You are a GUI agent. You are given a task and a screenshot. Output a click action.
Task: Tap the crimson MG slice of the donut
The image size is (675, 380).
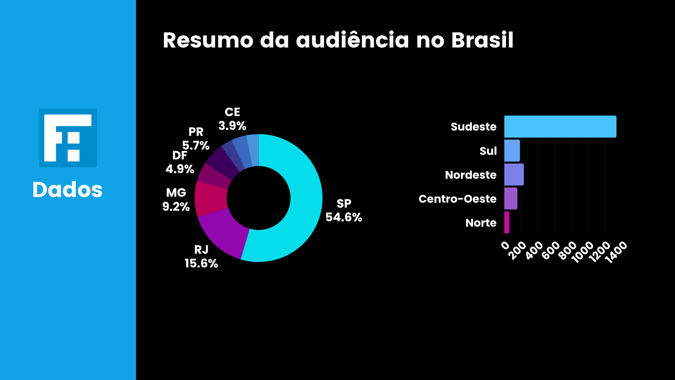tap(211, 199)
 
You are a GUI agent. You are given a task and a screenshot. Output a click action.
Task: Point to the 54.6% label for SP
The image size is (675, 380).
tap(344, 217)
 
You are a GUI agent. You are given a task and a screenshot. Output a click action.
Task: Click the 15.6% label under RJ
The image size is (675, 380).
tap(201, 263)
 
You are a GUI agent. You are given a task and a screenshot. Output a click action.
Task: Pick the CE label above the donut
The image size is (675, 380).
tap(232, 112)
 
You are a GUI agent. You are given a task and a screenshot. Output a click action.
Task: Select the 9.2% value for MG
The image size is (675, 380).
tap(176, 207)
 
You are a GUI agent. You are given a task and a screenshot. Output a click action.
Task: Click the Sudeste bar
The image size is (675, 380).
tap(560, 127)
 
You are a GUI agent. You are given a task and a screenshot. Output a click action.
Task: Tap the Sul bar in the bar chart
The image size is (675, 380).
tap(512, 151)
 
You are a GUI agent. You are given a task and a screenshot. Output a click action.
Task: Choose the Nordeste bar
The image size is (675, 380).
tap(514, 175)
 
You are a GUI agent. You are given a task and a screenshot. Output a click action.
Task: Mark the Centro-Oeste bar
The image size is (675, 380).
tap(510, 198)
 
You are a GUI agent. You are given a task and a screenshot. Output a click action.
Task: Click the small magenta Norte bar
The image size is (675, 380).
tap(507, 222)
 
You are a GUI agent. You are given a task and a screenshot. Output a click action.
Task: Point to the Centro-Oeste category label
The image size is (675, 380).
tap(457, 199)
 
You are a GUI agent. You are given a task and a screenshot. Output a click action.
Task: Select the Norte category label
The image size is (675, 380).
tap(481, 223)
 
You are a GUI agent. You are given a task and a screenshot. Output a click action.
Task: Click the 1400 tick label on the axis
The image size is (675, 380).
tap(616, 253)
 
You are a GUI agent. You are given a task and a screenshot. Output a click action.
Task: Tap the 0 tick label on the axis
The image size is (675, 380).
tap(505, 246)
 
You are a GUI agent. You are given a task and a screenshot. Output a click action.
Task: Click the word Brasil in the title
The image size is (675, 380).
tap(482, 40)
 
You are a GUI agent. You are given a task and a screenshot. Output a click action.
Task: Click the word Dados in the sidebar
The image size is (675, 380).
tap(67, 190)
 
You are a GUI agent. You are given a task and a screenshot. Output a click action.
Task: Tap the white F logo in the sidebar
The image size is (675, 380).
tap(67, 138)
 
